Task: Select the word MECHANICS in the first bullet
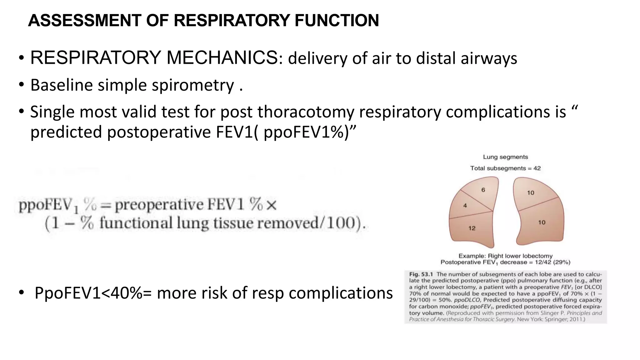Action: pyautogui.click(x=222, y=58)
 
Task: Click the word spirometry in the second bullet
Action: pyautogui.click(x=193, y=85)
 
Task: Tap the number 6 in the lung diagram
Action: pyautogui.click(x=483, y=190)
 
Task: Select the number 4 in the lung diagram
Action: pyautogui.click(x=465, y=206)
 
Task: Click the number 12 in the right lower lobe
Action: pyautogui.click(x=472, y=228)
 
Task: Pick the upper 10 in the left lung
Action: pyautogui.click(x=531, y=193)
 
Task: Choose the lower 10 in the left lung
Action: pyautogui.click(x=542, y=222)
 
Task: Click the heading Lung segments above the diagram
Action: pyautogui.click(x=505, y=157)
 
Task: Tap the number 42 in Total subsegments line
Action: pyautogui.click(x=537, y=168)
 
